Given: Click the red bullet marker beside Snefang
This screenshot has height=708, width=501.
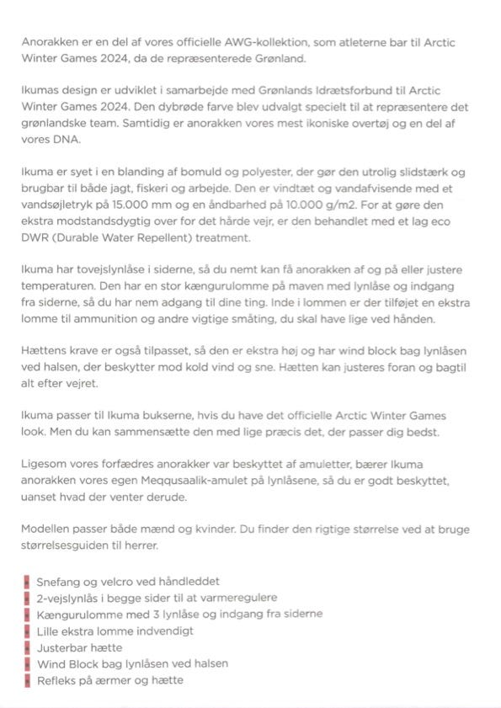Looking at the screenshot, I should (x=27, y=581).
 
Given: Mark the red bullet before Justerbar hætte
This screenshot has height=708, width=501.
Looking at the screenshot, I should (x=27, y=647).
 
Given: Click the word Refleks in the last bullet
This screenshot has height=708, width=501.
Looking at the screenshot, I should (x=57, y=679).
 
